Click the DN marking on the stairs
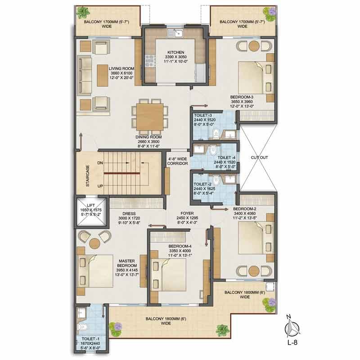tap(100, 162)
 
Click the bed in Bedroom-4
tap(171, 275)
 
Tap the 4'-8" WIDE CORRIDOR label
tap(177, 161)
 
